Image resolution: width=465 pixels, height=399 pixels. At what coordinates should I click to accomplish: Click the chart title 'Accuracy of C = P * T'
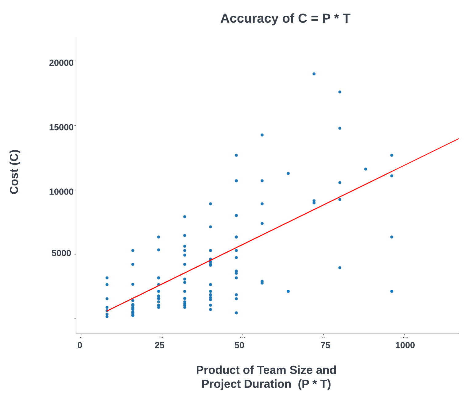click(x=285, y=18)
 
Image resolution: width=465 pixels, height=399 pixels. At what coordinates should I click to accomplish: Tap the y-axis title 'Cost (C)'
click(x=14, y=172)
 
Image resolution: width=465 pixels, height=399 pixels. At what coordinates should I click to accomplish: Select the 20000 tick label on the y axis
click(x=61, y=63)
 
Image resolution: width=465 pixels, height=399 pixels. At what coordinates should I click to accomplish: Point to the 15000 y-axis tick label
click(x=61, y=127)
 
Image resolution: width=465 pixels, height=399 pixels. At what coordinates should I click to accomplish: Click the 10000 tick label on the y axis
click(x=61, y=192)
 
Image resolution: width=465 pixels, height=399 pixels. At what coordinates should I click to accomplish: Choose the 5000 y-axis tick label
click(x=61, y=254)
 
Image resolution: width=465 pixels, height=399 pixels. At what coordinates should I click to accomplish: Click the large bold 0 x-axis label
click(x=80, y=345)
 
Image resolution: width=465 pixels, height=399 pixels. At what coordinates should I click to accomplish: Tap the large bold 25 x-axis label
click(x=160, y=345)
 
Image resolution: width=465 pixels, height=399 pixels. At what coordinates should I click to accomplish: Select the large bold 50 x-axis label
click(x=239, y=345)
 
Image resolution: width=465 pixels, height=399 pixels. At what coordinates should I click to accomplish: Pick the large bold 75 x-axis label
click(x=325, y=345)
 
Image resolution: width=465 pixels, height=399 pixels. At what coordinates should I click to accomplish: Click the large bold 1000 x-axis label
click(x=405, y=345)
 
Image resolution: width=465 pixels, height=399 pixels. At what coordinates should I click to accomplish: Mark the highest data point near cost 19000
click(x=314, y=74)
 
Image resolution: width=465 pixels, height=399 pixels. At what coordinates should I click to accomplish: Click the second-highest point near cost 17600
click(x=340, y=92)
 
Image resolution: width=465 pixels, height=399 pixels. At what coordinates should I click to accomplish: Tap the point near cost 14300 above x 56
click(x=262, y=135)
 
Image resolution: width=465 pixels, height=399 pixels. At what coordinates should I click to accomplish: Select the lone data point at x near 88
click(x=366, y=169)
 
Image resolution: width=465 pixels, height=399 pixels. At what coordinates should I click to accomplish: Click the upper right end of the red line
click(x=458, y=139)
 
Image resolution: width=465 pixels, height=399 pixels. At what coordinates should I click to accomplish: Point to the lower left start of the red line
click(x=107, y=311)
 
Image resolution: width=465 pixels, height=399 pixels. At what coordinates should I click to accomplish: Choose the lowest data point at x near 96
click(x=392, y=291)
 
